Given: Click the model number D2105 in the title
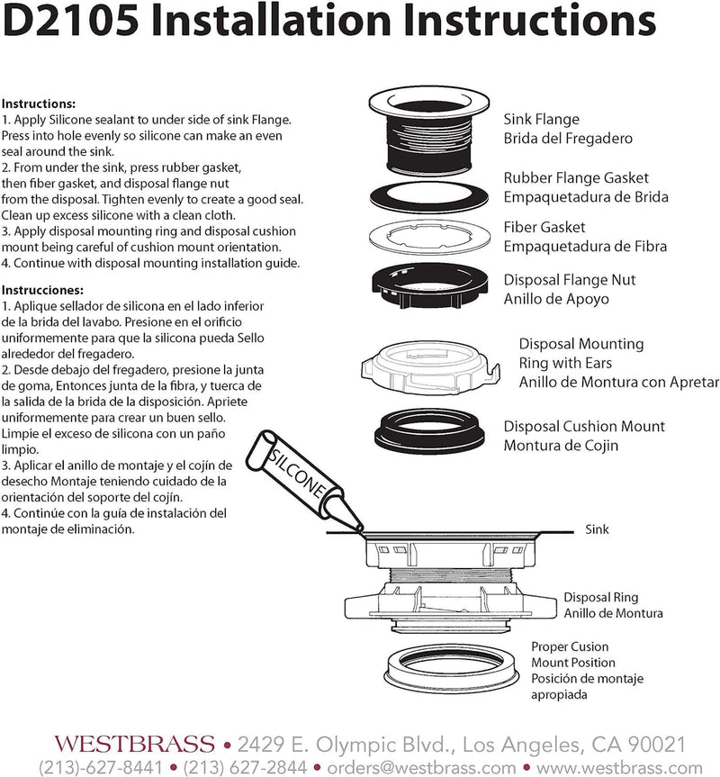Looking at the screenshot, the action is [x=71, y=21].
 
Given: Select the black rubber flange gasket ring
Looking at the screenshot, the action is [x=428, y=196].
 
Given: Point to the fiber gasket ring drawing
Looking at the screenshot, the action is [x=428, y=237].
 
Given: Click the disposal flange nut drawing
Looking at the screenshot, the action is [x=430, y=285].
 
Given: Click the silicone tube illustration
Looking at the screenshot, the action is [x=303, y=480].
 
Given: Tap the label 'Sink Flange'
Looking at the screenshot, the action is [x=541, y=119].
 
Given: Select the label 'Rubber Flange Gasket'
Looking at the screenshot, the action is [x=576, y=177].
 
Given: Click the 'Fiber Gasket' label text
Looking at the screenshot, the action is [x=544, y=227].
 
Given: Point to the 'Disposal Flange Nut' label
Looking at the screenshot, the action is [x=570, y=279].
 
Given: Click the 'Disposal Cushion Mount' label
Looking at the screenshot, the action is [x=584, y=426].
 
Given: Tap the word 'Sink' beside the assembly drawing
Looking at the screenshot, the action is [x=597, y=529].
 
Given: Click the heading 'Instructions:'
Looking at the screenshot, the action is [x=38, y=104].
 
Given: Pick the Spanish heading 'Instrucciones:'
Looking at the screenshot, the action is [x=42, y=290].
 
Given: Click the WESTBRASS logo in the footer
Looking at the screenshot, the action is [x=134, y=745].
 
